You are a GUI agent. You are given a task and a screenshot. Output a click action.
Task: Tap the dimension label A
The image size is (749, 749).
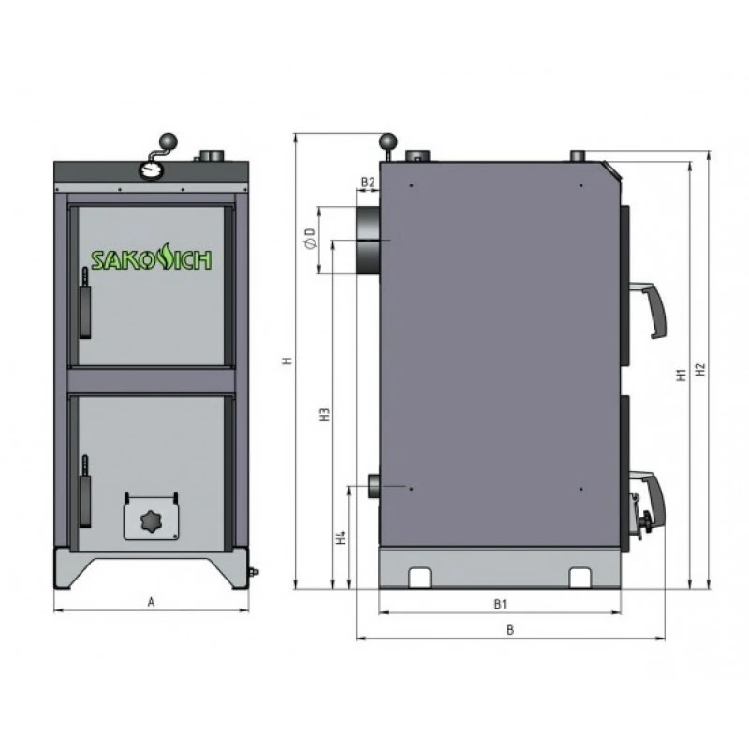(151, 602)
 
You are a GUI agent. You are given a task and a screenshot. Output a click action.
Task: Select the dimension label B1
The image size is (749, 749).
(500, 604)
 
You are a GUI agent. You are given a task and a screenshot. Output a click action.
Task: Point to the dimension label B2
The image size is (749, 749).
(368, 182)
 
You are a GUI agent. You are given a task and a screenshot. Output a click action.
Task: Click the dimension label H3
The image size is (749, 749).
(325, 414)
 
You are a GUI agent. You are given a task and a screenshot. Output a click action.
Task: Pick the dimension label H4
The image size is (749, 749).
(341, 537)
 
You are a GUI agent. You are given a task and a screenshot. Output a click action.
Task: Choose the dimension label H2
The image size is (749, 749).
(700, 370)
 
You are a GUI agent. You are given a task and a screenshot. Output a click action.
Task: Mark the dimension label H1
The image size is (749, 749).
(682, 374)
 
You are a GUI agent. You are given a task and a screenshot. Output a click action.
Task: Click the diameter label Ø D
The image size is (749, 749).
(310, 239)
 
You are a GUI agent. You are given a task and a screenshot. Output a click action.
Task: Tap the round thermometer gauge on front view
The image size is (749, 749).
(151, 170)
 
